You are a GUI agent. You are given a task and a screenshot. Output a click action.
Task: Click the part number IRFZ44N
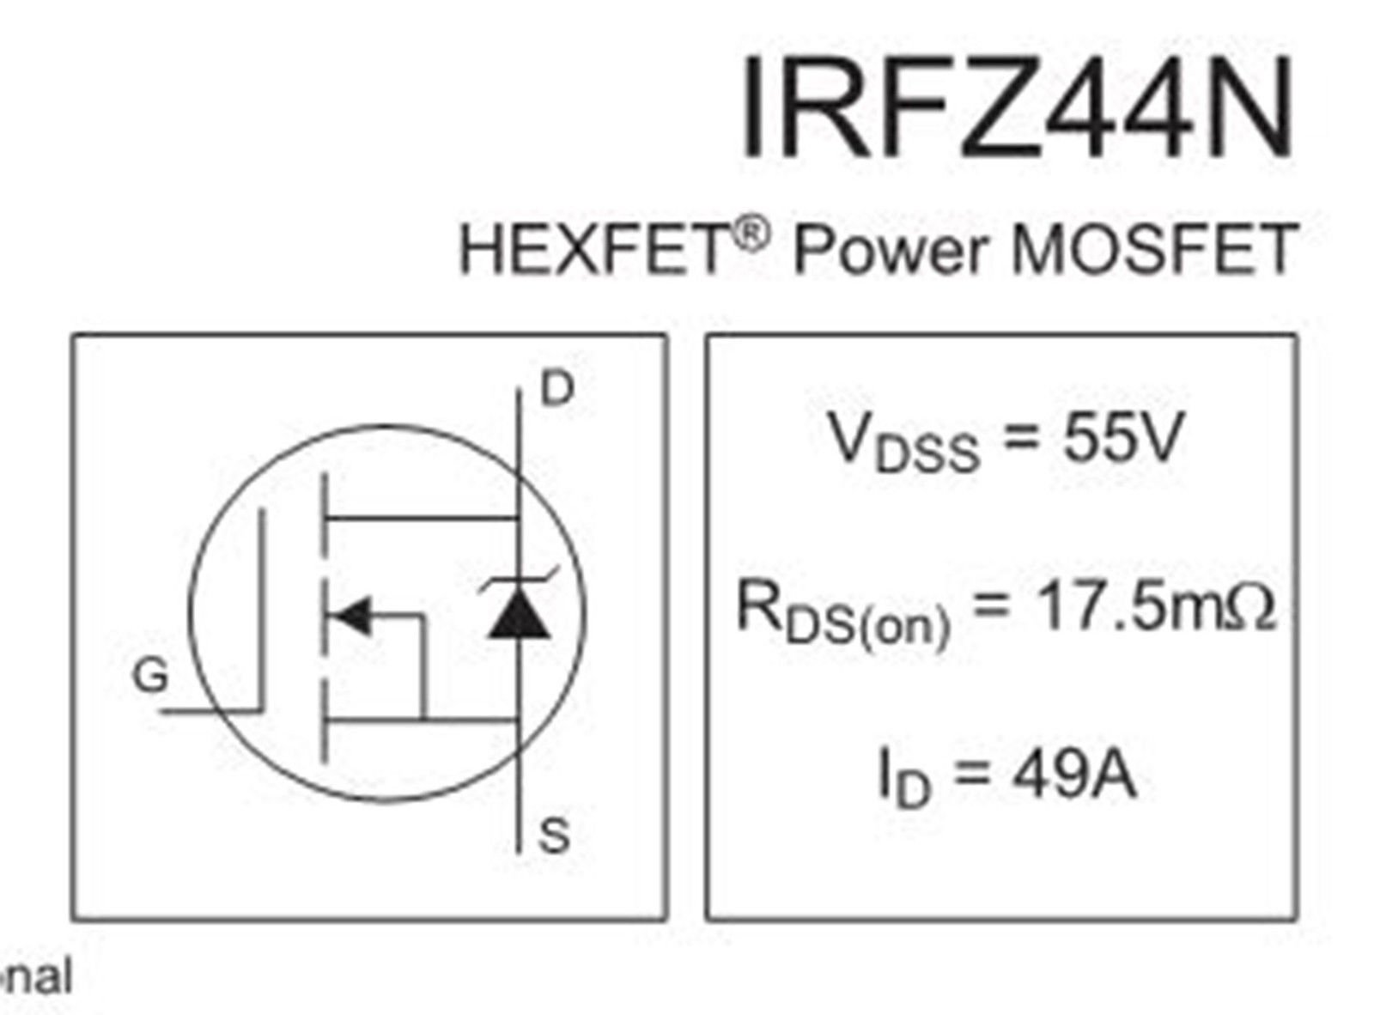(1017, 106)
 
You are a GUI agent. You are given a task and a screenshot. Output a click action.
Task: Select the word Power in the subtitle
(889, 251)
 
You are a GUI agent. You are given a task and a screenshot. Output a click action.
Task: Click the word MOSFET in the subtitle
(1154, 250)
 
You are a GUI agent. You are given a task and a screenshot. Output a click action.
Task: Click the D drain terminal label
(557, 389)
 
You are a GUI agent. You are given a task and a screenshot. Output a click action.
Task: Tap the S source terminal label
(553, 836)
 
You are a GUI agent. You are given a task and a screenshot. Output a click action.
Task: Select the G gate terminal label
(150, 675)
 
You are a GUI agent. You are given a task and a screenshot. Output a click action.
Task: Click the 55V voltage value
(1122, 438)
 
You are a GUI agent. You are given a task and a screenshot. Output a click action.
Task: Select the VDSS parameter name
(904, 443)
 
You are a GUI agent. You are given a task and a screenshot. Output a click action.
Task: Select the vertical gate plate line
(262, 611)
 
